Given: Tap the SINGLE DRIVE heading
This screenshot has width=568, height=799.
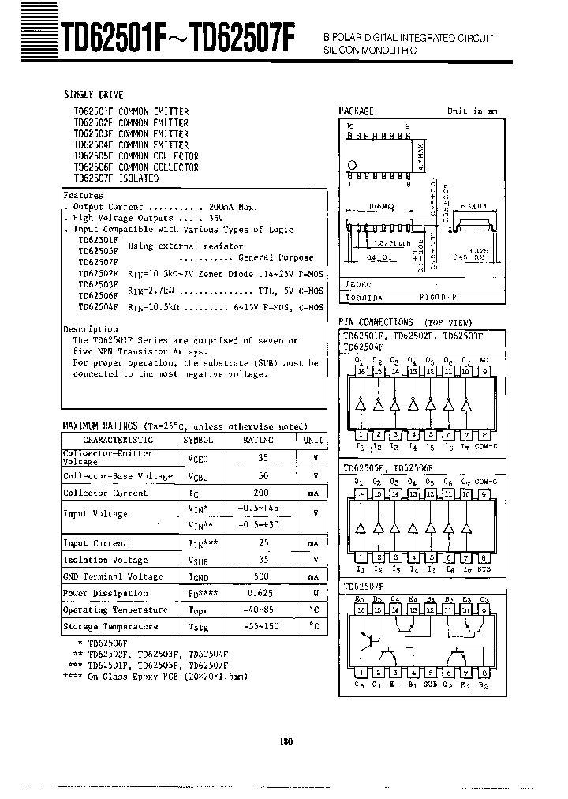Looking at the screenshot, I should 94,94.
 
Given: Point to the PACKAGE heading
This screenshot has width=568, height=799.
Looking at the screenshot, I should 356,111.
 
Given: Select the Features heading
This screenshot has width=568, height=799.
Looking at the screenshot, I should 84,195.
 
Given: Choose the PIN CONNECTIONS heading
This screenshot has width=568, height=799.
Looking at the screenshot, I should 376,322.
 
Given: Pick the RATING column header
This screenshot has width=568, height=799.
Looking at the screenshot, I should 259,440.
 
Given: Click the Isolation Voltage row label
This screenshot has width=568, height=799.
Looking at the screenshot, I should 105,560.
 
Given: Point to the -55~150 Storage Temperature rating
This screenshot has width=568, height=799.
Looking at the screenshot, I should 263,626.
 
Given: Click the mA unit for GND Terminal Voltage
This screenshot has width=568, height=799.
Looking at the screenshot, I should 313,576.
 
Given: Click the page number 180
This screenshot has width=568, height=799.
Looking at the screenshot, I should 286,741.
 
